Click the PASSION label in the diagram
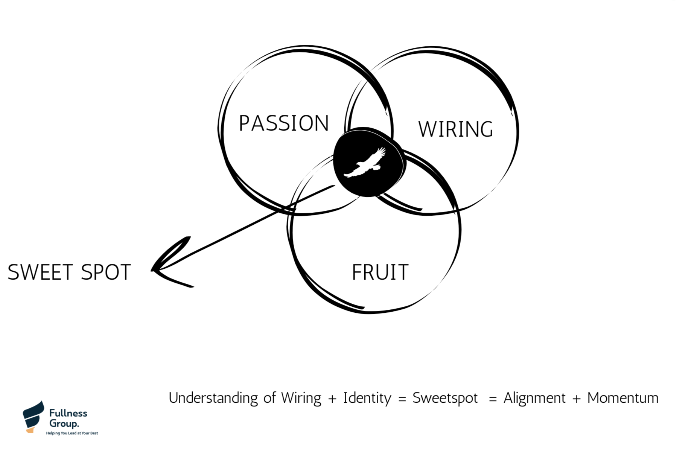284,123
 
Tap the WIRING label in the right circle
455,129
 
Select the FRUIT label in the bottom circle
380,272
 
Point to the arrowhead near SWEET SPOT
158,268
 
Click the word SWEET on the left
40,272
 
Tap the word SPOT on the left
106,272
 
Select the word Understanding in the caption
213,398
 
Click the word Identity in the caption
367,398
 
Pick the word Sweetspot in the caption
445,398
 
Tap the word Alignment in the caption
534,398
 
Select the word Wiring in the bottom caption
301,398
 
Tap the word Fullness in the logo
68,413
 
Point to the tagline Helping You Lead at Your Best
72,433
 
